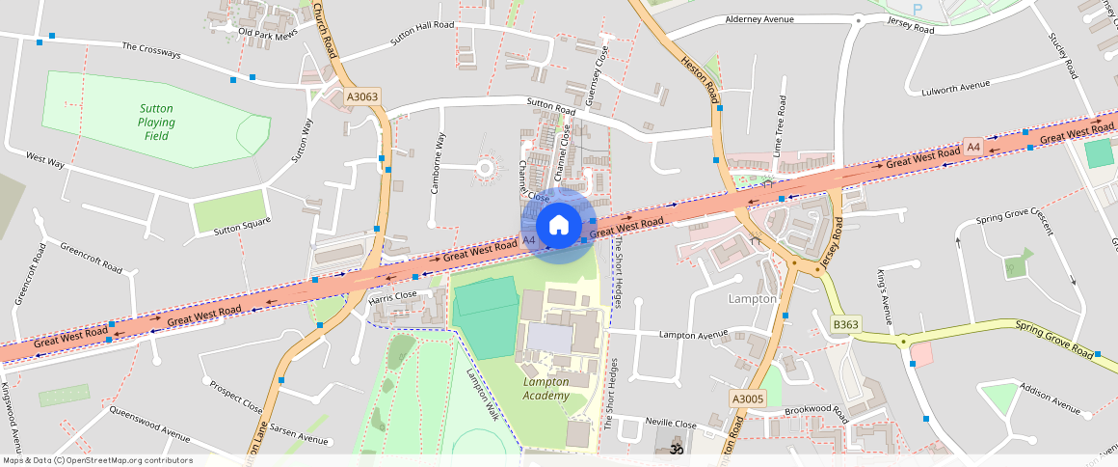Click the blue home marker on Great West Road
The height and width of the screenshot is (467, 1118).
pyautogui.click(x=557, y=226)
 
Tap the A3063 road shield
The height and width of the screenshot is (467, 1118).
pyautogui.click(x=363, y=96)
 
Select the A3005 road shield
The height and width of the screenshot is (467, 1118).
pyautogui.click(x=747, y=398)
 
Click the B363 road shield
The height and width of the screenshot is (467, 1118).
pyautogui.click(x=845, y=324)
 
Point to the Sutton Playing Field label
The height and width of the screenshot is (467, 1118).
pyautogui.click(x=156, y=123)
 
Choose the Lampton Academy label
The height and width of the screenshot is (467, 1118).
pyautogui.click(x=546, y=388)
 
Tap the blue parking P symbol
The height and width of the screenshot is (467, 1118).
pyautogui.click(x=917, y=9)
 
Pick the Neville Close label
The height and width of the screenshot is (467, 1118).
pyautogui.click(x=671, y=424)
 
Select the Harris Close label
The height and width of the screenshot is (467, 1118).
pyautogui.click(x=392, y=295)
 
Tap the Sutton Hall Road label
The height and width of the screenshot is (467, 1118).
pyautogui.click(x=421, y=35)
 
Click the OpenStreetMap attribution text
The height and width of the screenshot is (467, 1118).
pyautogui.click(x=97, y=460)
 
